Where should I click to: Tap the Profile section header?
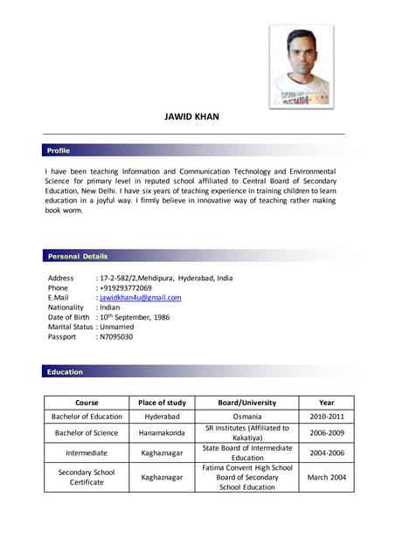coord(58,151)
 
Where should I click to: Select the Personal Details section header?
coord(78,256)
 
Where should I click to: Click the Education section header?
coord(65,372)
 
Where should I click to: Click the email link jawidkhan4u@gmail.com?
coord(141,298)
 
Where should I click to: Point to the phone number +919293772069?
coord(126,288)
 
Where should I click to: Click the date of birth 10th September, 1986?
coord(135,317)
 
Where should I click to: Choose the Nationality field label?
coord(66,307)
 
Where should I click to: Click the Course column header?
coord(87,403)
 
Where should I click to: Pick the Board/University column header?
coord(247,403)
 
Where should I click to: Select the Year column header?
coord(326,403)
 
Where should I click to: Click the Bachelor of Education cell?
coord(87,417)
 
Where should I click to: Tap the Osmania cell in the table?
coord(247,417)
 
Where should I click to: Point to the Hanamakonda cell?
coord(162,433)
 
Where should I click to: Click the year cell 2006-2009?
coord(326,433)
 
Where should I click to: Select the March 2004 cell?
coord(326,478)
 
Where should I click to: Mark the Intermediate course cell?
coord(87,453)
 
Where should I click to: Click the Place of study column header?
coord(162,403)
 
